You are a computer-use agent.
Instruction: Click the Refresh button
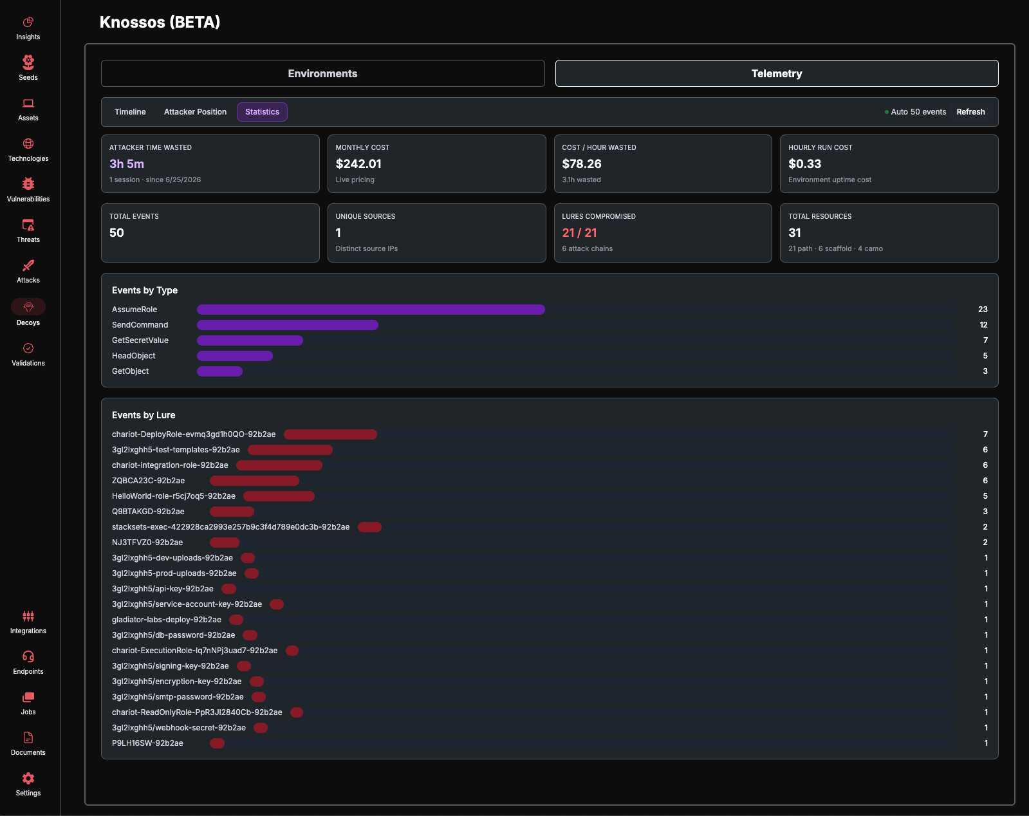pyautogui.click(x=970, y=112)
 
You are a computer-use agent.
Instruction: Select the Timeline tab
pyautogui.click(x=130, y=112)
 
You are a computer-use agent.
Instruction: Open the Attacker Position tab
pyautogui.click(x=195, y=112)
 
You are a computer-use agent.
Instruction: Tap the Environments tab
pyautogui.click(x=323, y=73)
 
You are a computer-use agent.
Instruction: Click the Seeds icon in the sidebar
pyautogui.click(x=28, y=62)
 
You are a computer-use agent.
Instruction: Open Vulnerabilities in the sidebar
pyautogui.click(x=28, y=183)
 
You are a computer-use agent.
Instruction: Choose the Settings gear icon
pyautogui.click(x=28, y=778)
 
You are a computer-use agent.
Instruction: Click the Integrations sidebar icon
pyautogui.click(x=28, y=616)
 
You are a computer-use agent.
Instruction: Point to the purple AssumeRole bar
pyautogui.click(x=371, y=310)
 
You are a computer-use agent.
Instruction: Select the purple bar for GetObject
pyautogui.click(x=219, y=371)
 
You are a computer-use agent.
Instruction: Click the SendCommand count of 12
pyautogui.click(x=983, y=325)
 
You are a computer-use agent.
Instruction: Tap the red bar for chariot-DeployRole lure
pyautogui.click(x=330, y=434)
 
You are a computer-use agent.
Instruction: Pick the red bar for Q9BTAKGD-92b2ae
pyautogui.click(x=232, y=512)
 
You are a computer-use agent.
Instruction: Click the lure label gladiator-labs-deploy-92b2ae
pyautogui.click(x=167, y=620)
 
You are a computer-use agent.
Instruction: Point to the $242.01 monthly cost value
pyautogui.click(x=358, y=163)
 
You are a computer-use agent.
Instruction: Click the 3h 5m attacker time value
pyautogui.click(x=127, y=163)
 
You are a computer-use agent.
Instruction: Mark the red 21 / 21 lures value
pyautogui.click(x=579, y=232)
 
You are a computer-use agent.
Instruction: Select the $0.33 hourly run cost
pyautogui.click(x=805, y=163)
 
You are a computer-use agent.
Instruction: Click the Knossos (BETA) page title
pyautogui.click(x=160, y=22)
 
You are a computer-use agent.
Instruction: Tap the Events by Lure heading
pyautogui.click(x=144, y=415)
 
